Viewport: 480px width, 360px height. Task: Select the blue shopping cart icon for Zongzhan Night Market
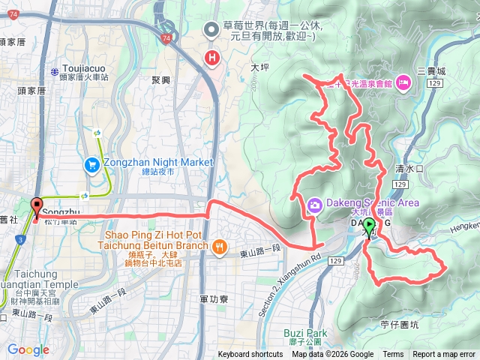coord(92,163)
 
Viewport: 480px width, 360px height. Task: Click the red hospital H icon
coord(213,56)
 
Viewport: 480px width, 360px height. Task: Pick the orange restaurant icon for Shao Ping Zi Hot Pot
coord(219,246)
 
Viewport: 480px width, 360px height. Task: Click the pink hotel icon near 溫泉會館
coord(403,80)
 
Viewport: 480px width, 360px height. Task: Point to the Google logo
coord(28,349)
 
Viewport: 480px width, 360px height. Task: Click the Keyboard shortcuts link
coord(250,355)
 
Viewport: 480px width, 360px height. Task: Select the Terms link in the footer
coord(393,355)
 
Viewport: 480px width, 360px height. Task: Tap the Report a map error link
coord(444,355)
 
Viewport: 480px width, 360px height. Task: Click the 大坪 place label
coord(259,67)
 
